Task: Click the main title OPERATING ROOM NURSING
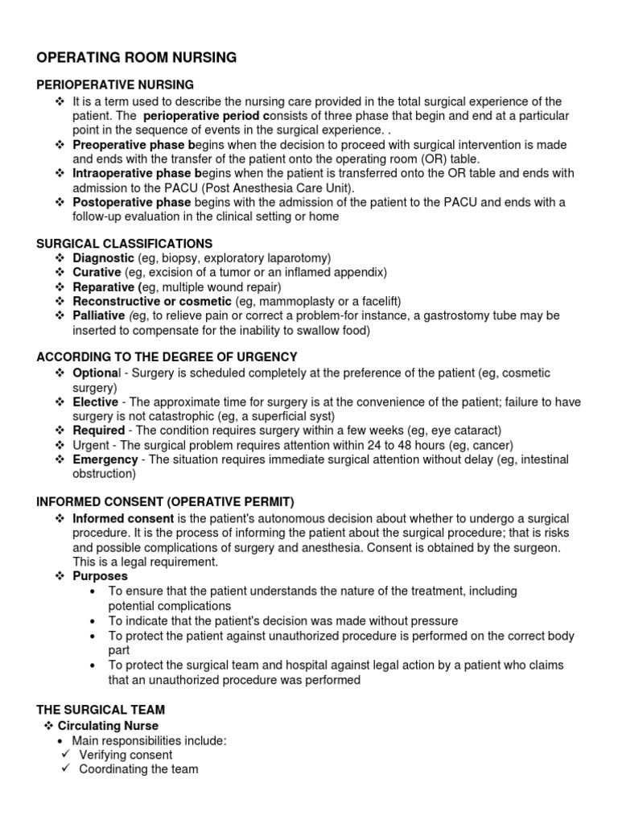click(x=137, y=57)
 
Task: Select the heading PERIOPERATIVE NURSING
click(x=114, y=84)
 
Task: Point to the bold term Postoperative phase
click(x=131, y=202)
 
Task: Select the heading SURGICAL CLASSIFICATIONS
click(x=125, y=243)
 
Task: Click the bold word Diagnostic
click(x=103, y=257)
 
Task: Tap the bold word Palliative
click(x=99, y=315)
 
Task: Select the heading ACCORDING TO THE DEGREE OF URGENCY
click(x=167, y=356)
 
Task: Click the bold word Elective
click(x=95, y=402)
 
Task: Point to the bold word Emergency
click(x=105, y=459)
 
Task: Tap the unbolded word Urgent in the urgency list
click(x=90, y=445)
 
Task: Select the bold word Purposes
click(x=100, y=576)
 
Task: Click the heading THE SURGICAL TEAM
click(x=101, y=709)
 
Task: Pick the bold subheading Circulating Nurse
click(x=108, y=726)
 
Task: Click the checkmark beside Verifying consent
click(x=66, y=755)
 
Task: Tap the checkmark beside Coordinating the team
click(x=66, y=769)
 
